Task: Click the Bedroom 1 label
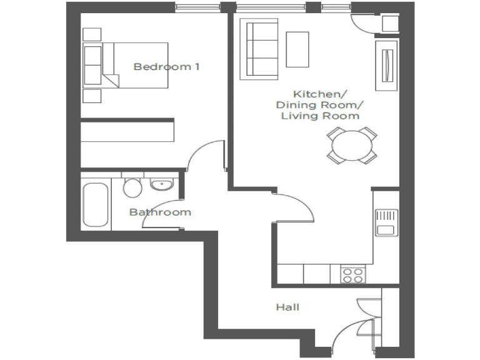(x=166, y=66)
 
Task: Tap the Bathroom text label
(x=160, y=212)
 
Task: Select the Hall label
(x=287, y=307)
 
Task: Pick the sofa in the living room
(x=259, y=49)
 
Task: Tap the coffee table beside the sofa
(x=297, y=49)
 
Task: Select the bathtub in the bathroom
(x=96, y=205)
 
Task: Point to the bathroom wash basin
(x=162, y=184)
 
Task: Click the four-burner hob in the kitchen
(x=352, y=274)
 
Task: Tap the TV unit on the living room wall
(x=384, y=65)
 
